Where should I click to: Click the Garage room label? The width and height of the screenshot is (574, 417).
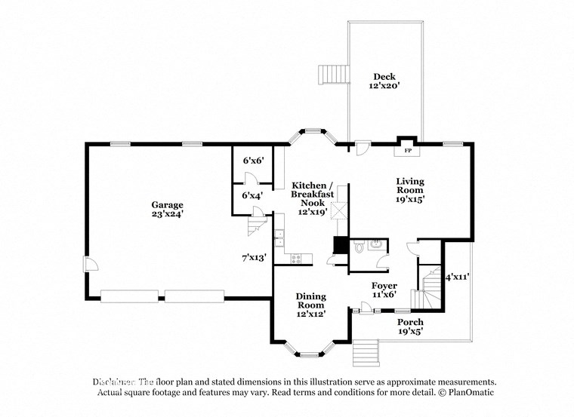(x=167, y=209)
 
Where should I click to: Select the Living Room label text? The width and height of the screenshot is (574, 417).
(x=410, y=190)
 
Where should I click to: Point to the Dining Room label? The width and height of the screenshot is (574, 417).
(x=310, y=305)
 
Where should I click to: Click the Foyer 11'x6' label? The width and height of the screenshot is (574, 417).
(x=384, y=290)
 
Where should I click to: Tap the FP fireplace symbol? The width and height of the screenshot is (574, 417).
(x=408, y=150)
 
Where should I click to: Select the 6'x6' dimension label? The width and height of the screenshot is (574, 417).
(x=252, y=161)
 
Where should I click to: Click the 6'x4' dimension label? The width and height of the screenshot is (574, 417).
(x=252, y=195)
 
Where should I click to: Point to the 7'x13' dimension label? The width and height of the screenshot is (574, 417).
(x=254, y=258)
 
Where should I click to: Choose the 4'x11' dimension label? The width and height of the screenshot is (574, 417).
(x=458, y=277)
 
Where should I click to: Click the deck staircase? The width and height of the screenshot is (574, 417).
(x=332, y=75)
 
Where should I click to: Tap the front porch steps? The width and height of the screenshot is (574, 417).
(x=366, y=351)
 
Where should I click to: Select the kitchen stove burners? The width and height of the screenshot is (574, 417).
(x=296, y=259)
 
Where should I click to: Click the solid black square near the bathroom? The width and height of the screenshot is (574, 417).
(x=341, y=246)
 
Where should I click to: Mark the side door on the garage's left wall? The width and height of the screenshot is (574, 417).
(x=89, y=264)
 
